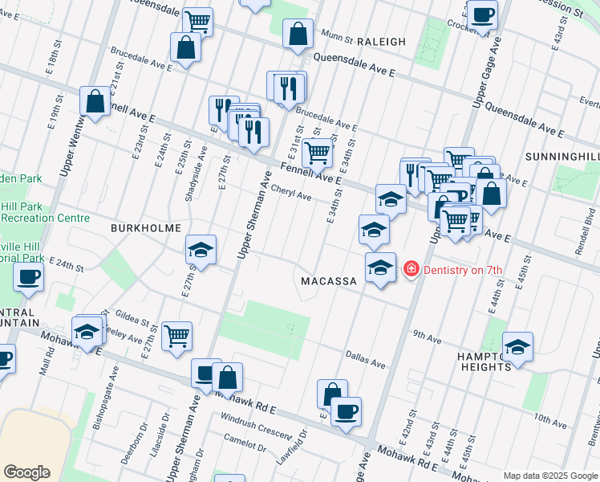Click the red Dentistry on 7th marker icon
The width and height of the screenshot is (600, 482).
click(x=411, y=269)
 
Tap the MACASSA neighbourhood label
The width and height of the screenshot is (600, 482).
click(x=328, y=281)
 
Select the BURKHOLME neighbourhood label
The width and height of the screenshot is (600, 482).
click(x=146, y=228)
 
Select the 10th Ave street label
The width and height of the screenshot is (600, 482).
click(x=551, y=419)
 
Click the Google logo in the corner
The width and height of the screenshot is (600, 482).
click(x=26, y=472)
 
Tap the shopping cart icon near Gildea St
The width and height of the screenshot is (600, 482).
click(x=176, y=335)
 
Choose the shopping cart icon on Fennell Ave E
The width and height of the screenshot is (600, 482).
click(x=318, y=150)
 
